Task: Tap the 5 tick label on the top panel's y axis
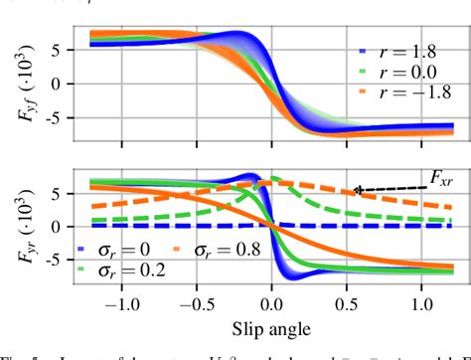(61, 49)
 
